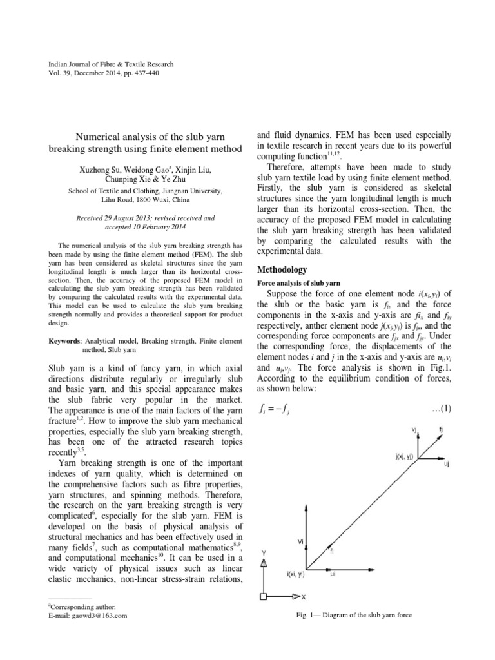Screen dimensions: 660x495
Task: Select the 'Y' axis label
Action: [x=263, y=553]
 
